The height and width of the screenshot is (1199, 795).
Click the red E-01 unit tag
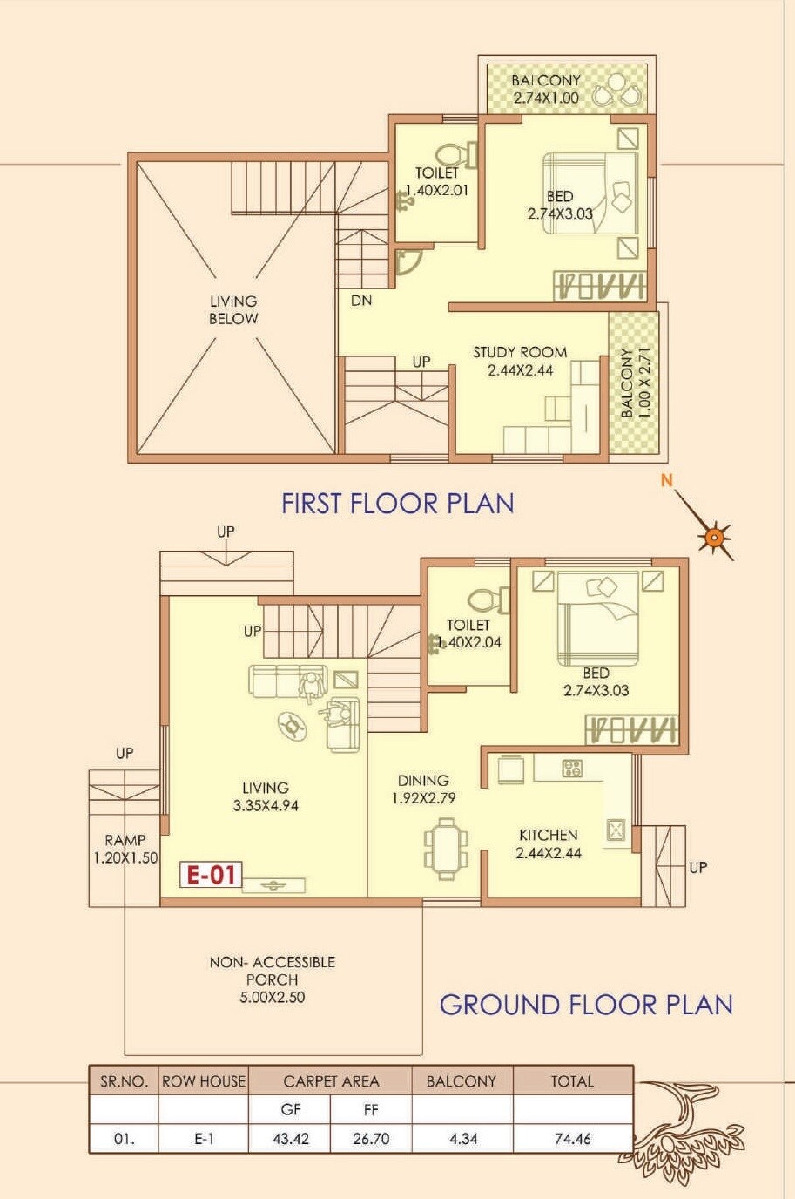coord(212,874)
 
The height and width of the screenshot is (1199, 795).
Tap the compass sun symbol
coord(714,537)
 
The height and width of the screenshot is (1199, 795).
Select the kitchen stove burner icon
coord(572,768)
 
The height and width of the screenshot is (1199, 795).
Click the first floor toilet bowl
coord(450,154)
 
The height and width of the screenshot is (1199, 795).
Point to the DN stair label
coord(361,301)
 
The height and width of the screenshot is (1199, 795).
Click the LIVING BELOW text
coord(233,310)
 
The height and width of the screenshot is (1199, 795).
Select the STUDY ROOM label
coord(520,353)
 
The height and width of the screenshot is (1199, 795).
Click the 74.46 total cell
coord(572,1138)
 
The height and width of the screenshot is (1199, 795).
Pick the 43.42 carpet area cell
coord(290,1138)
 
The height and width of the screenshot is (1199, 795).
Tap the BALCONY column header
coord(461,1081)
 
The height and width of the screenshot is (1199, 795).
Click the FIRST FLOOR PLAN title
coord(397,504)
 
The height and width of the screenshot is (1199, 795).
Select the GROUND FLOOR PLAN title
coord(585,1005)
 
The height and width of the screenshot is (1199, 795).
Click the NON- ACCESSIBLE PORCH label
coord(272,971)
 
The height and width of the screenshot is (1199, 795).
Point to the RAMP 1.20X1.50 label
coord(125,849)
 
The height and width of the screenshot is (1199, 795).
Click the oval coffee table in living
coord(293,725)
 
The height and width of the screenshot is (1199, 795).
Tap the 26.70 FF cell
coord(371,1138)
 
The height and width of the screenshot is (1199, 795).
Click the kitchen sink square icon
coord(616,829)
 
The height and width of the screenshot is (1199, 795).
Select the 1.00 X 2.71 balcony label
coord(635,382)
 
